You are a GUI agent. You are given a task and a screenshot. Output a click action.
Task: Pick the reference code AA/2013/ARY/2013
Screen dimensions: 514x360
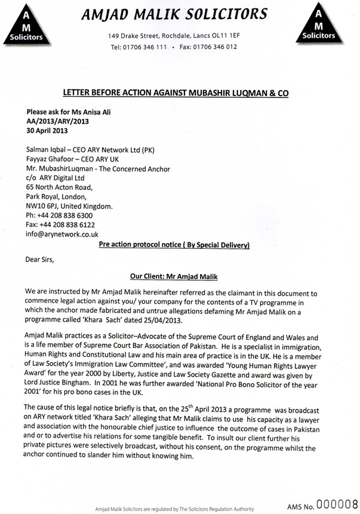pos(58,121)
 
